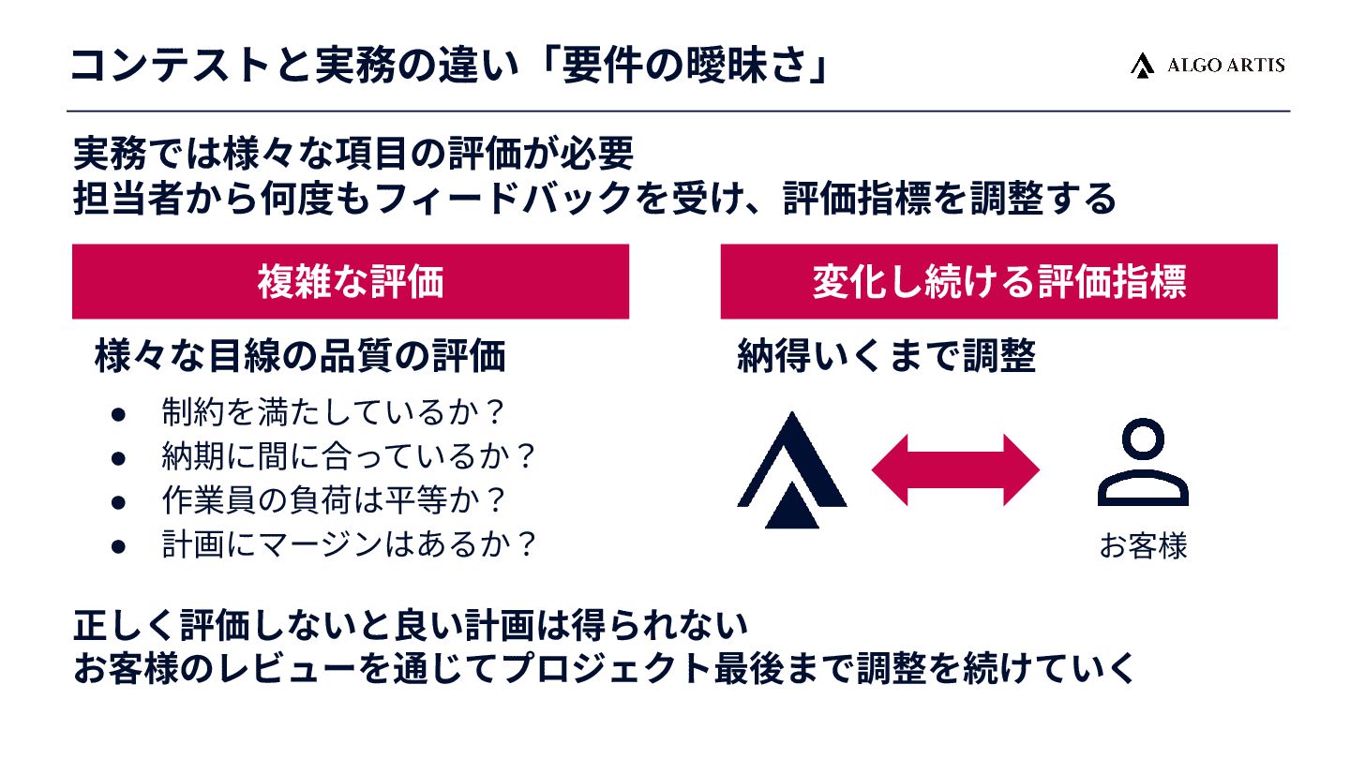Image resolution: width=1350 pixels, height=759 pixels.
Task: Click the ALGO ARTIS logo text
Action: point(1225,65)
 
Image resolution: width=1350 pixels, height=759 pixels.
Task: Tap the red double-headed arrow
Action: point(955,470)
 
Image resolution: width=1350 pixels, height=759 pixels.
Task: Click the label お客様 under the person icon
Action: point(1143,546)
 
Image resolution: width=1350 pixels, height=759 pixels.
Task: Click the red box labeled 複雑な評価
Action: point(350,282)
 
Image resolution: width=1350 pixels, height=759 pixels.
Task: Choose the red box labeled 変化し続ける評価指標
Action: point(998,282)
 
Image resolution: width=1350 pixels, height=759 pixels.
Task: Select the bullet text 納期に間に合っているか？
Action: point(348,456)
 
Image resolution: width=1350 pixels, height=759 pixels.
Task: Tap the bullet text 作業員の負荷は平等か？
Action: point(334,499)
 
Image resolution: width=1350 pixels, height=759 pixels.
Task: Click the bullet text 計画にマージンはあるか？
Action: point(348,543)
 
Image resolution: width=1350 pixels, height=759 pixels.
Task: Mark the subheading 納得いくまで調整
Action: point(886,357)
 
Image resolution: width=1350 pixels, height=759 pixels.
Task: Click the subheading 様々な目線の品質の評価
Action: point(300,357)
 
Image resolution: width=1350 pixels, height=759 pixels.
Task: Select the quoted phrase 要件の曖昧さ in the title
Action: point(684,66)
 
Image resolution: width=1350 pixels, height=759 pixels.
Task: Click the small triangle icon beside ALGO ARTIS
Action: point(1141,65)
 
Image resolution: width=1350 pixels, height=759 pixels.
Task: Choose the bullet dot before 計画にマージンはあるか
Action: point(118,545)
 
